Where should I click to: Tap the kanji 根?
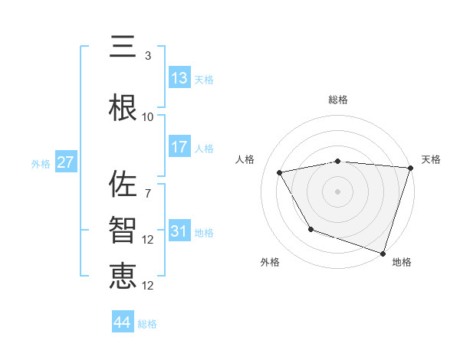pyautogui.click(x=123, y=106)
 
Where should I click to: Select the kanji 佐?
pyautogui.click(x=123, y=185)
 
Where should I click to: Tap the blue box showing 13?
pyautogui.click(x=179, y=77)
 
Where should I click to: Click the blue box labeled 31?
pyautogui.click(x=179, y=231)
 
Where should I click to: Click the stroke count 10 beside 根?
pyautogui.click(x=148, y=117)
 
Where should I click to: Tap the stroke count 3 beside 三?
pyautogui.click(x=148, y=56)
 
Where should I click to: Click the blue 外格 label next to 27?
pyautogui.click(x=41, y=163)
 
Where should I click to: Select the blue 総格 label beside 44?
pyautogui.click(x=147, y=324)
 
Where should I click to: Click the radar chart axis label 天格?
pyautogui.click(x=431, y=159)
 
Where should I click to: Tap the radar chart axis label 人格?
pyautogui.click(x=245, y=159)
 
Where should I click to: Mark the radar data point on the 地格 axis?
pyautogui.click(x=383, y=253)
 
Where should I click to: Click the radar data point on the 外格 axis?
pyautogui.click(x=310, y=229)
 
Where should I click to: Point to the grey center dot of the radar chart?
pyautogui.click(x=337, y=191)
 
